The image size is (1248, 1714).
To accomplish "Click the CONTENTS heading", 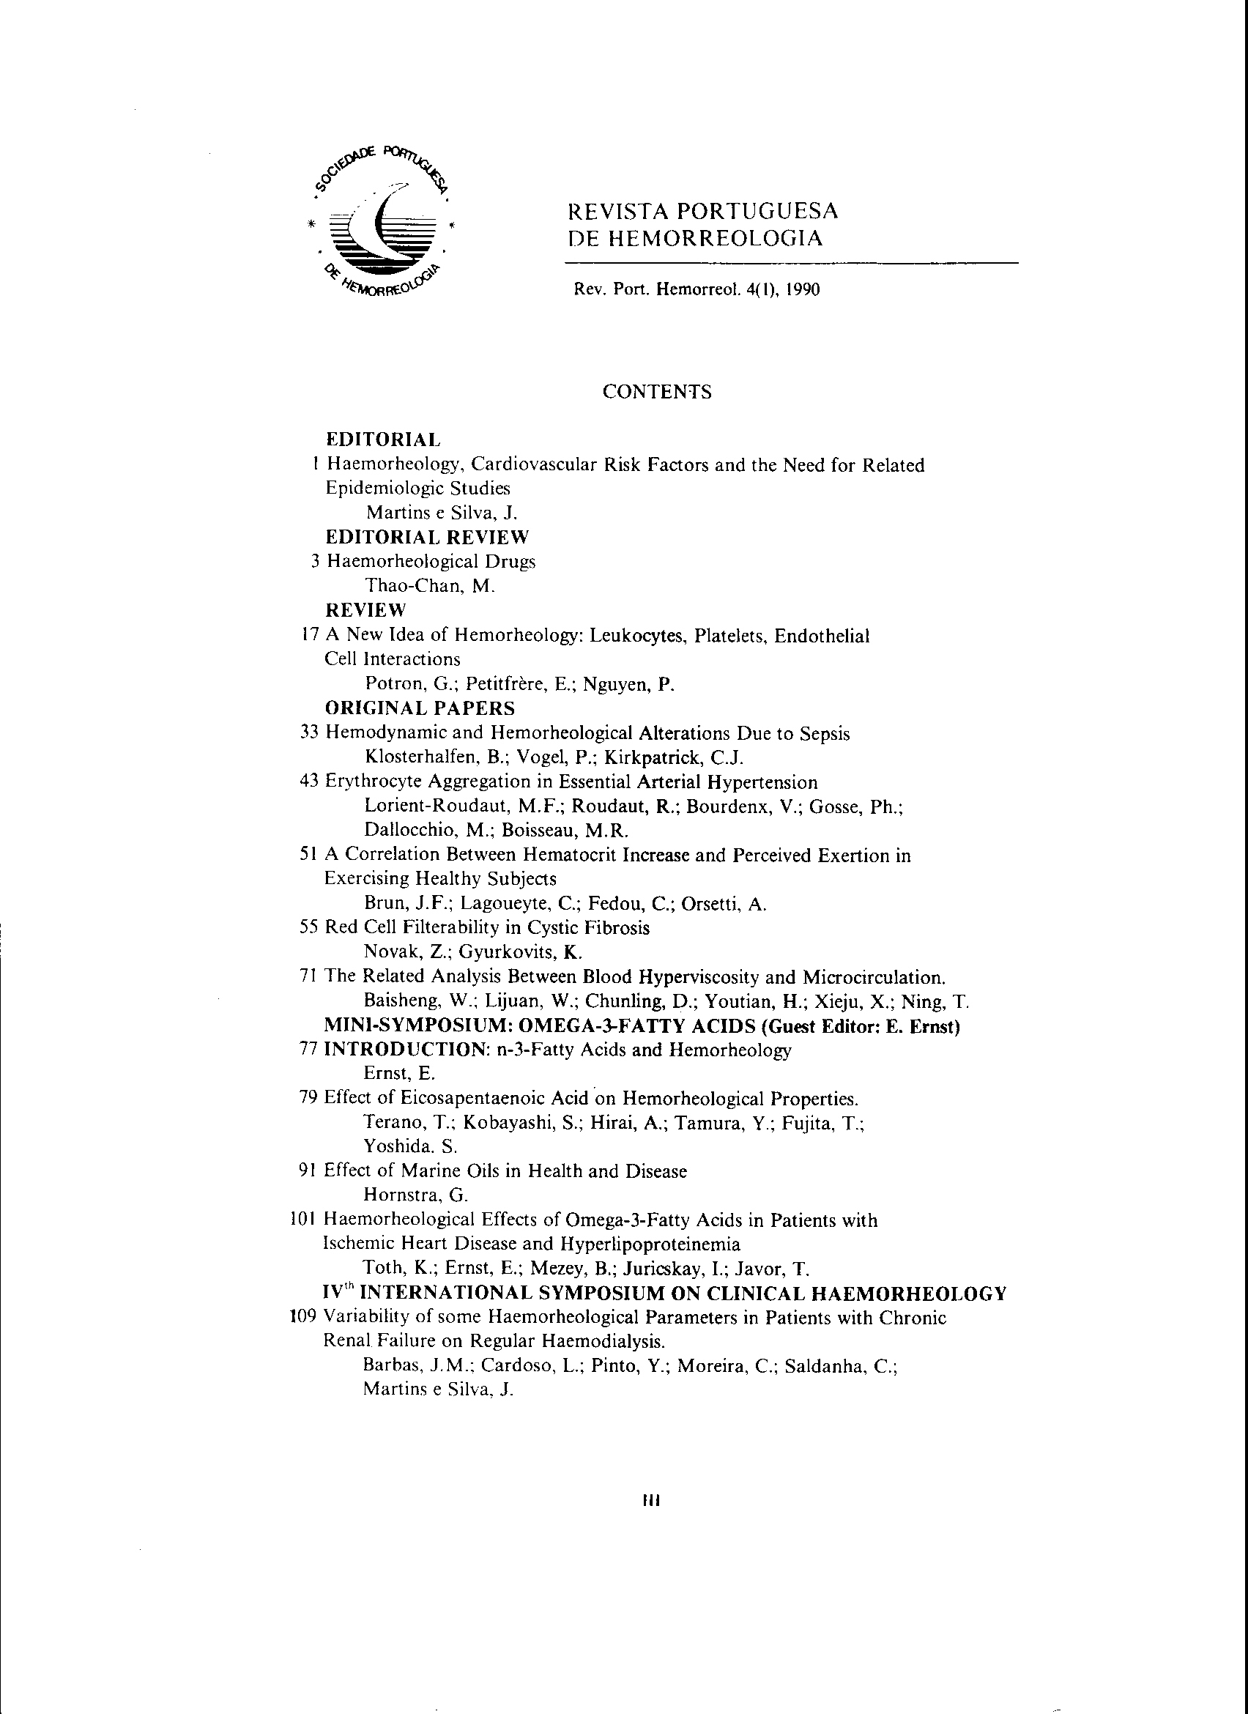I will pos(656,391).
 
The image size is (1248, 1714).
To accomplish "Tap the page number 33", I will pos(310,733).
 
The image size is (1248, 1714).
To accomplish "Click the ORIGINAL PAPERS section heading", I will pos(420,708).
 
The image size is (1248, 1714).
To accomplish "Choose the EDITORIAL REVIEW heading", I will pos(428,538).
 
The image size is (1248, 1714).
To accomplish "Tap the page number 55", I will pos(310,927).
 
